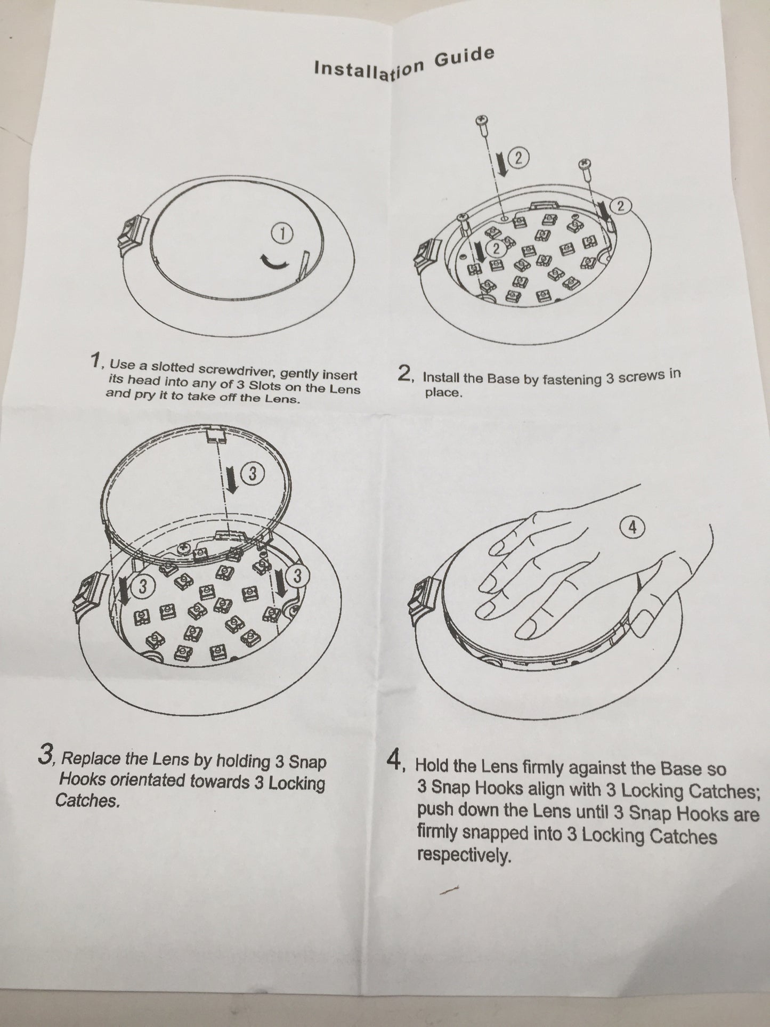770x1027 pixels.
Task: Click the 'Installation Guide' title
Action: pyautogui.click(x=404, y=63)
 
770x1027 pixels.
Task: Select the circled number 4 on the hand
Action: pyautogui.click(x=633, y=527)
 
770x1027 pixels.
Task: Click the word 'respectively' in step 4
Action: pyautogui.click(x=460, y=856)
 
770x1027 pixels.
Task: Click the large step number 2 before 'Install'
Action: pyautogui.click(x=404, y=374)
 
